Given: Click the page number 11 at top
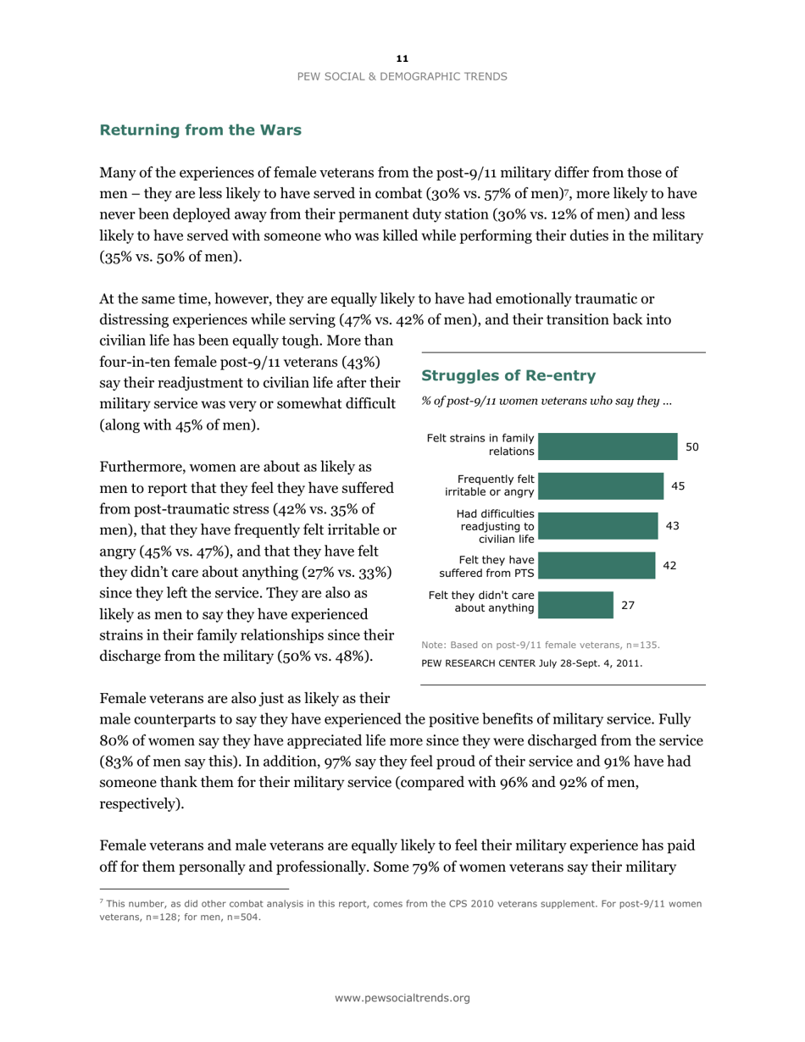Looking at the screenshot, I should [x=402, y=58].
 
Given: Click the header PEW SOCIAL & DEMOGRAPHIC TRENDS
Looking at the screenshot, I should [x=402, y=76].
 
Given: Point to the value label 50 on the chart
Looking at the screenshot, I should [x=691, y=446].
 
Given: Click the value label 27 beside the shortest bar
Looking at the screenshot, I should [x=628, y=606].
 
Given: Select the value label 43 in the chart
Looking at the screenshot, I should [x=673, y=526].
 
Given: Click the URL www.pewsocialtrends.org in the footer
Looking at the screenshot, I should [x=402, y=999].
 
